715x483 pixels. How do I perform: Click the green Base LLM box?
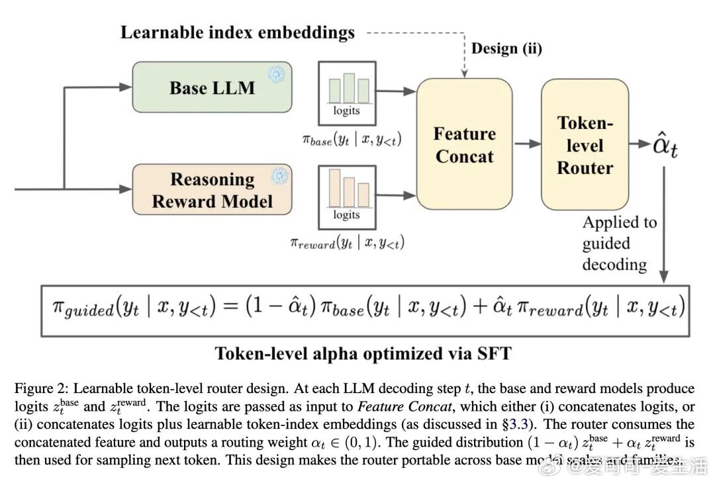[x=212, y=87]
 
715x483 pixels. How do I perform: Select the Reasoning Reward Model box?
[x=212, y=190]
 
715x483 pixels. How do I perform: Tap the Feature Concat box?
[x=463, y=145]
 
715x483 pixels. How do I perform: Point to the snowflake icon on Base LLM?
[x=275, y=74]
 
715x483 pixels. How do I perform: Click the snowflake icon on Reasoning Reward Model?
[x=281, y=176]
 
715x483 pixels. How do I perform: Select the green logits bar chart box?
[x=347, y=93]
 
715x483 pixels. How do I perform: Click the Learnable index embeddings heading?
[x=237, y=32]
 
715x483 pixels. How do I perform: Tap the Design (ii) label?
[x=506, y=48]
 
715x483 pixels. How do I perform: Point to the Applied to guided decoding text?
[x=618, y=243]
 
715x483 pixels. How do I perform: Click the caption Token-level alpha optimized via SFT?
[x=363, y=353]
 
